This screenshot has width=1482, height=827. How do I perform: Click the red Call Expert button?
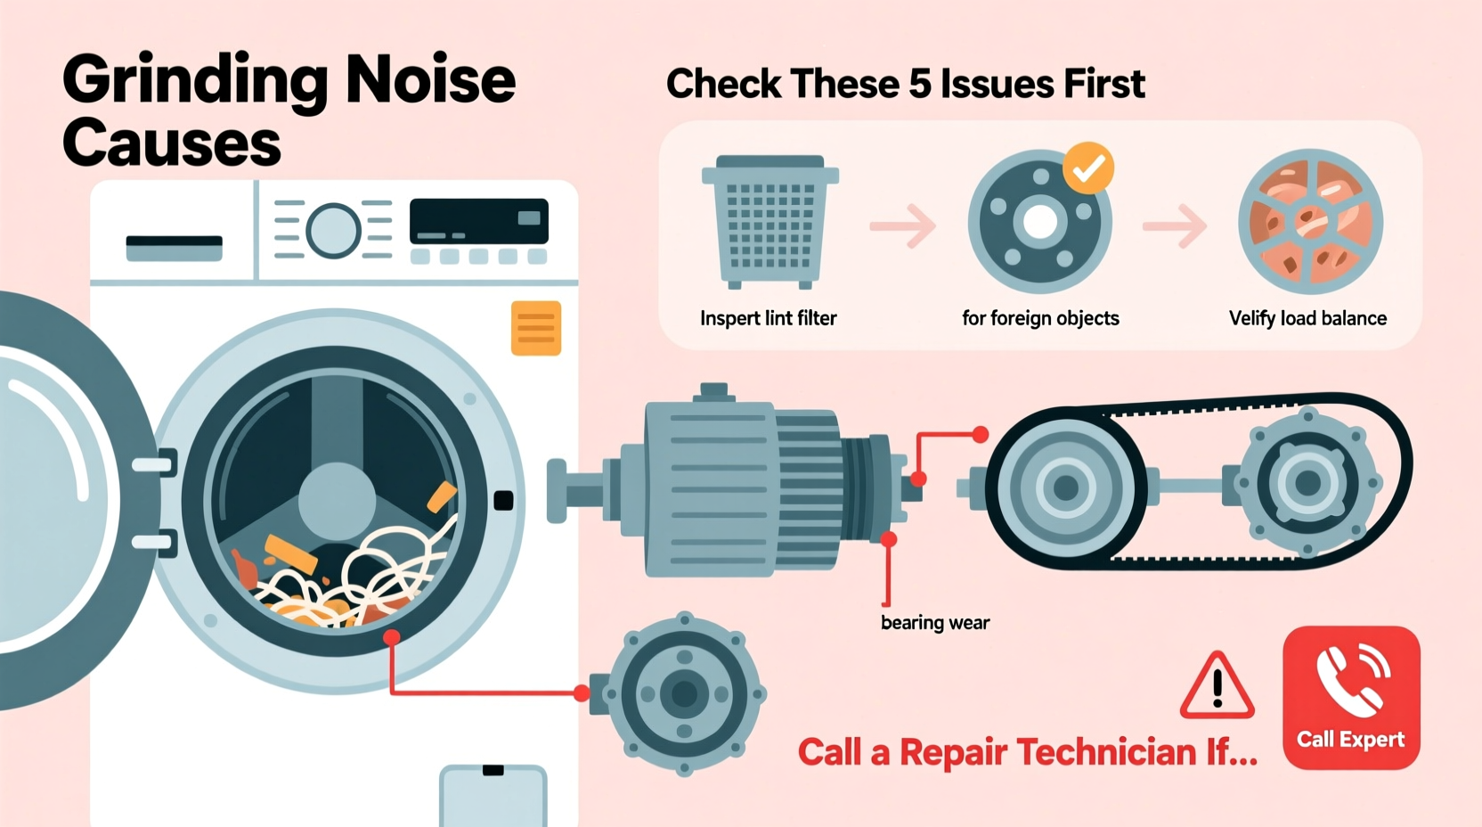point(1350,698)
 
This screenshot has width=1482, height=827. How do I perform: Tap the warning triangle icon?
point(1217,687)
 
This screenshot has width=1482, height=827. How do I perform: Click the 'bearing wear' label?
point(934,623)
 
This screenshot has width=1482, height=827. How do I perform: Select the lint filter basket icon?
point(769,222)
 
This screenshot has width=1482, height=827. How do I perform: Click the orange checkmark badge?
point(1087,168)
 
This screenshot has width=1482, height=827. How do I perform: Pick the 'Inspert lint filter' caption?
point(768,318)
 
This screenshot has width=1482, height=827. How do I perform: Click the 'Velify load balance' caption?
point(1307,318)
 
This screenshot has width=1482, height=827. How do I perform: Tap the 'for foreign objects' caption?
point(1040,318)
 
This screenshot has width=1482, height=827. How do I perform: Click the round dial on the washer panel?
point(333,230)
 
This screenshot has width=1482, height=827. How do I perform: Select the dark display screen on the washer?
point(478,221)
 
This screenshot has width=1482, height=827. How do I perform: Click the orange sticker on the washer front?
point(535,328)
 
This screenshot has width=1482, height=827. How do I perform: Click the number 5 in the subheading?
point(918,85)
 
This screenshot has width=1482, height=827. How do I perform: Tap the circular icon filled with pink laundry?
point(1310,222)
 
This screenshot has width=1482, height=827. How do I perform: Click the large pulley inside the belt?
point(1066,487)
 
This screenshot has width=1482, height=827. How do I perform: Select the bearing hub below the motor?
point(684,693)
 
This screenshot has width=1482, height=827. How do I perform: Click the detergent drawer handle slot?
point(174,248)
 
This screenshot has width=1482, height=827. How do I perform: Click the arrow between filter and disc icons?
point(903,225)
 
